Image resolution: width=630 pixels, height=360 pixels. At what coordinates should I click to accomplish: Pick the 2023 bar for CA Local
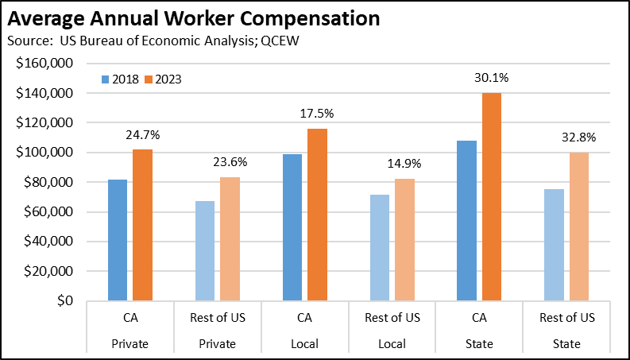(x=317, y=215)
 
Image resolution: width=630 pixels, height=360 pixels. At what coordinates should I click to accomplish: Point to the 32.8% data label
(x=580, y=137)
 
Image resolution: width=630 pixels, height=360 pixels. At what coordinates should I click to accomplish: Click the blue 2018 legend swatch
(x=104, y=79)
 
